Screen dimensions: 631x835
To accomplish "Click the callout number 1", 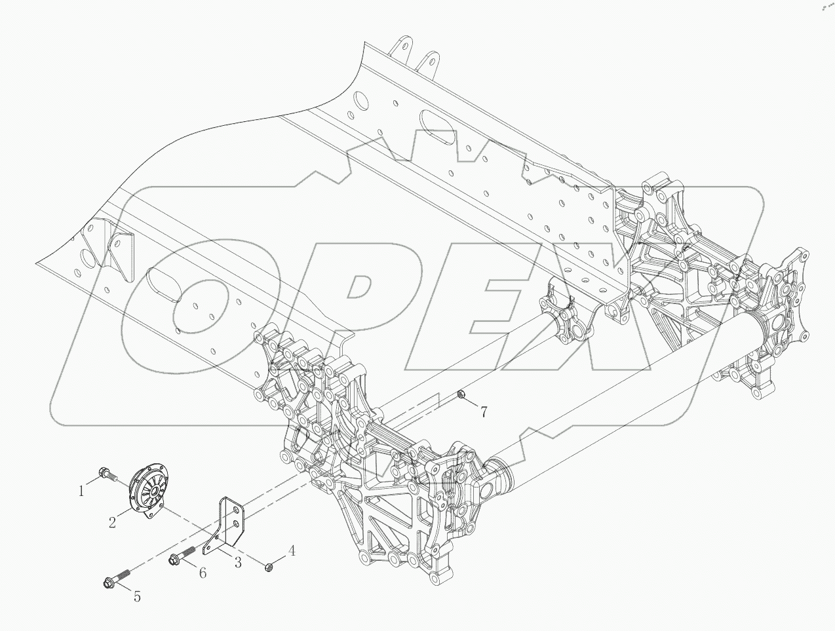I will (x=82, y=490).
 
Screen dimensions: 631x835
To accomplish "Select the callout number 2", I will (x=113, y=522).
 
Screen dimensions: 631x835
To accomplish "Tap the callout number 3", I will (x=237, y=563).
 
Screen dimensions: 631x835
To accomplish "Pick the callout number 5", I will (x=137, y=596).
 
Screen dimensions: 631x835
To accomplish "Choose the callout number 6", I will (x=203, y=573).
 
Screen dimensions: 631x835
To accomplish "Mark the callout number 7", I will (x=484, y=411).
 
